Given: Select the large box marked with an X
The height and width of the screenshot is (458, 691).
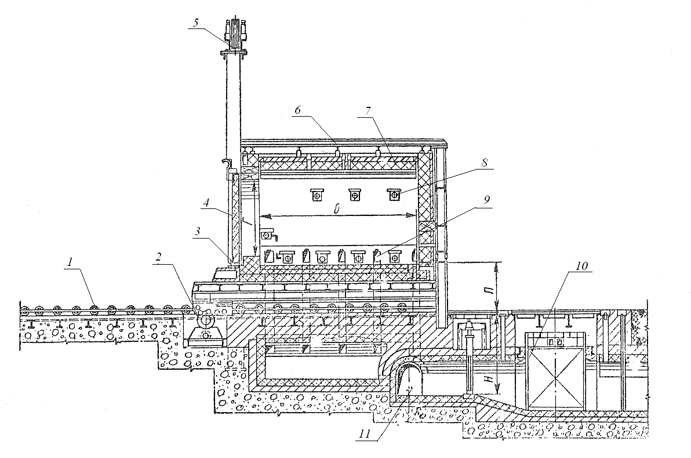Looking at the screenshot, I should click(x=555, y=370).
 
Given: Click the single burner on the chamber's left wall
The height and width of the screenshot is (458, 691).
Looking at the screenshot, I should click(x=267, y=235).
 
